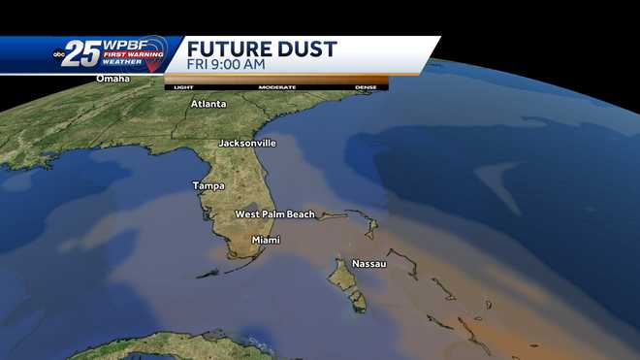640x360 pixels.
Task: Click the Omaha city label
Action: tap(112, 79)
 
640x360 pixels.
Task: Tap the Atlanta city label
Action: tap(208, 103)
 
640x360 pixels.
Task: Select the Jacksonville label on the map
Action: tap(247, 143)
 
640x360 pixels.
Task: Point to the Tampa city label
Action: tap(208, 185)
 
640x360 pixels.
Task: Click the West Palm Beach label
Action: tap(274, 214)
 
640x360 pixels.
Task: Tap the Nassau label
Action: tap(369, 263)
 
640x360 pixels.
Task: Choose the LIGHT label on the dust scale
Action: tap(182, 87)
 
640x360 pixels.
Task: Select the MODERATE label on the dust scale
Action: tap(276, 87)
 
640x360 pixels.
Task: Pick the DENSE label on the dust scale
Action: tap(366, 87)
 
